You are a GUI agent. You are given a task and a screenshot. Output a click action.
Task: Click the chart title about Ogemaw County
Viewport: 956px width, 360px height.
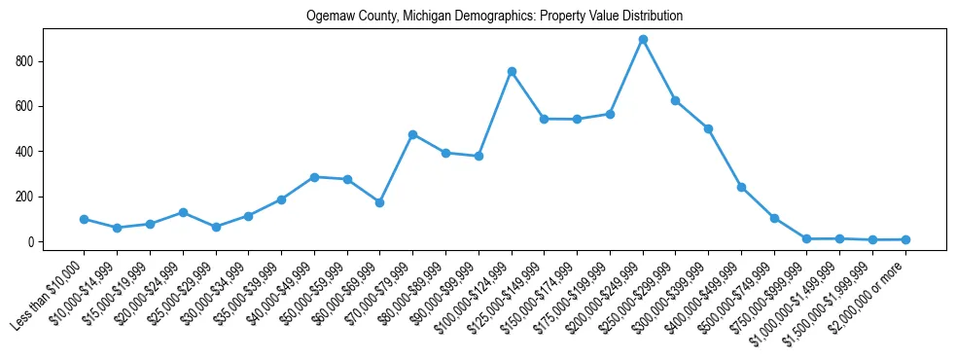click(x=494, y=17)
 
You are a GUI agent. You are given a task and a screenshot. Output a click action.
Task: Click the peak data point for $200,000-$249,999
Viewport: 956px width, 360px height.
click(x=643, y=40)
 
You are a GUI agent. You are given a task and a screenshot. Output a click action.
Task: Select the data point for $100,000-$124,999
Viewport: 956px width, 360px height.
click(x=512, y=71)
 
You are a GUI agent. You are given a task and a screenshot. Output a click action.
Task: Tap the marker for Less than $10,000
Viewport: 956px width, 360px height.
click(x=85, y=219)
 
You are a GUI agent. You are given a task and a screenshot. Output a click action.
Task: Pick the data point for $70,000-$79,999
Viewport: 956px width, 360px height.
click(x=412, y=134)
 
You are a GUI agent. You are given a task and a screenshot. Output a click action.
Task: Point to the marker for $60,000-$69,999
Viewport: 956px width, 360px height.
click(x=380, y=202)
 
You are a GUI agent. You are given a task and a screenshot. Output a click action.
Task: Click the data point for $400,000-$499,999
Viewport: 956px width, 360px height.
click(x=741, y=187)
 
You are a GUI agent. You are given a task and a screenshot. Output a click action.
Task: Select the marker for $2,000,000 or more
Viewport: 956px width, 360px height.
click(x=905, y=239)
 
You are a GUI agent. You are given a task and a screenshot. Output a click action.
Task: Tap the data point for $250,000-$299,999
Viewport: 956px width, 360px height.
click(x=675, y=100)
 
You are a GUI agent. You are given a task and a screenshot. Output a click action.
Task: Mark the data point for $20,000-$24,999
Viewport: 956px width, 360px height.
click(x=183, y=212)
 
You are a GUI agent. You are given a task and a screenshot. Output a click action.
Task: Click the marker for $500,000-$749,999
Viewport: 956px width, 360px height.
click(x=774, y=218)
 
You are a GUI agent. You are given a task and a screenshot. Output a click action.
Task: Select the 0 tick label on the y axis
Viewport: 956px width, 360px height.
click(x=32, y=242)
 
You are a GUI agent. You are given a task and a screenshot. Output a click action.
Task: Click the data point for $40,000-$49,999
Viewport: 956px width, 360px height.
click(x=314, y=177)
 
